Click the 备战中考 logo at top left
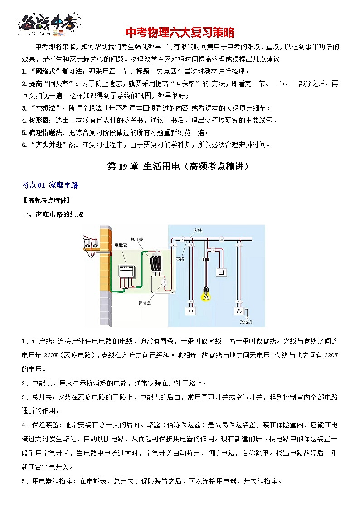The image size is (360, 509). tap(50, 23)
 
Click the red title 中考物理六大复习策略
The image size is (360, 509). tap(180, 33)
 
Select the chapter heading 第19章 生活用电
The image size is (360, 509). tap(180, 166)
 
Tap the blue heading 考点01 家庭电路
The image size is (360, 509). tap(50, 185)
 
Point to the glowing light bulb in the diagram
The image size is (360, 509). tap(207, 295)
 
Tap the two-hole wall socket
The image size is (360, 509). tap(190, 311)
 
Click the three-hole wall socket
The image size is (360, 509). tap(238, 311)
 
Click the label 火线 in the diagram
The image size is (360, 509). tap(198, 230)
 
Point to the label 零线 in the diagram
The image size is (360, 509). tap(180, 259)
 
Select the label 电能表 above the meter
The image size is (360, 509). tap(121, 245)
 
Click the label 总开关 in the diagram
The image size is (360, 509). tap(136, 238)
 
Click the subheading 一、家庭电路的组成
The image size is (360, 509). tap(53, 214)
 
